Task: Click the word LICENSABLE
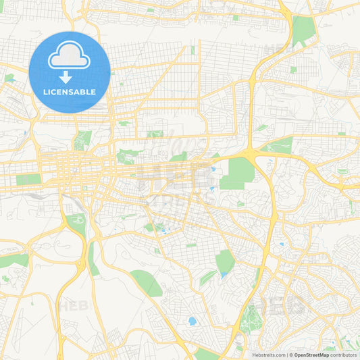point(70,92)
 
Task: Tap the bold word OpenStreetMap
point(317,355)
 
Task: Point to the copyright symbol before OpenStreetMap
point(291,355)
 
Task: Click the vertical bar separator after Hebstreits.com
point(287,355)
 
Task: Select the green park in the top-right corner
point(304,30)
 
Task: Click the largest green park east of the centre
point(238,173)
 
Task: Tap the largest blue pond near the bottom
point(192,322)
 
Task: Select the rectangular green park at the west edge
point(28,180)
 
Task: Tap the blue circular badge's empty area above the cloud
point(70,41)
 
